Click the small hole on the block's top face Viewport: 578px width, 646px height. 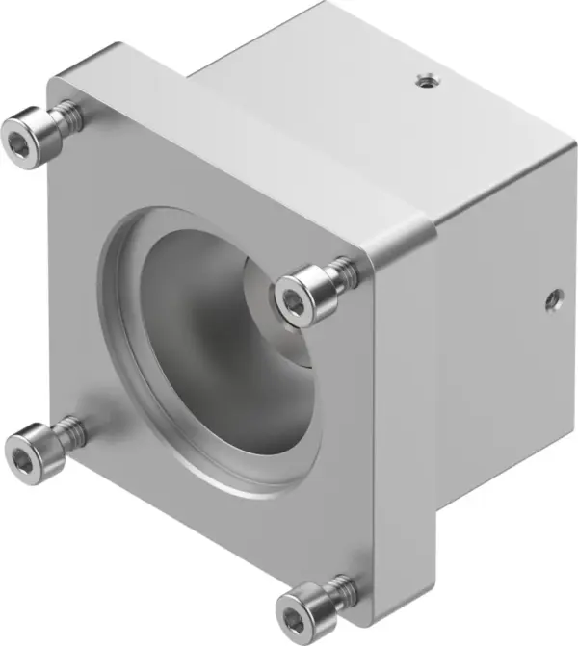[x=422, y=83]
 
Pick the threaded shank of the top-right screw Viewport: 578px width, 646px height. [x=342, y=275]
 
